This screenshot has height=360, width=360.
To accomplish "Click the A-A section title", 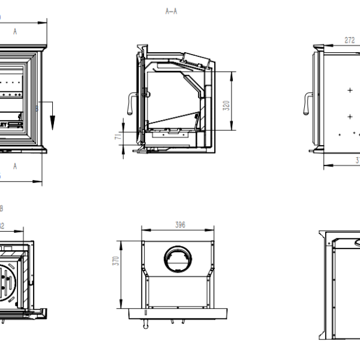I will (x=171, y=11).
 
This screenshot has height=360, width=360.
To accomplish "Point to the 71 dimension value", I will (x=119, y=137).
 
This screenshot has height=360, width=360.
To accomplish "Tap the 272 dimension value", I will (x=350, y=40).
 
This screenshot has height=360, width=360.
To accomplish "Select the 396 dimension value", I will (x=179, y=224).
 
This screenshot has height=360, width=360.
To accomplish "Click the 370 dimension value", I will (x=116, y=260).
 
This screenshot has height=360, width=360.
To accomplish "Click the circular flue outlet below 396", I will (x=178, y=259).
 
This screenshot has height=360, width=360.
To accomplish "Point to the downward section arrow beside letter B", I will (x=53, y=120).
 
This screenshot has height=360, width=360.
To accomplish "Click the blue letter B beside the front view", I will (x=36, y=109).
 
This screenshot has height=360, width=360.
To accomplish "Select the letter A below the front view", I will (x=15, y=166).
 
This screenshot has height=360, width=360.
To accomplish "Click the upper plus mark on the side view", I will (x=349, y=90).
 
